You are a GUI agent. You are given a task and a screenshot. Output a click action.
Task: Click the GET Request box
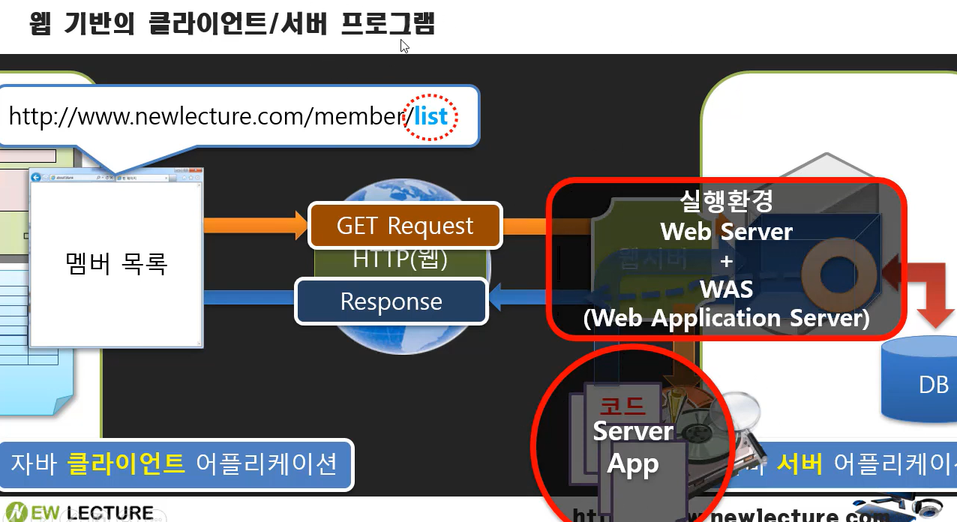point(405,226)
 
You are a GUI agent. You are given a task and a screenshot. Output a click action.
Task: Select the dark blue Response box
point(391,301)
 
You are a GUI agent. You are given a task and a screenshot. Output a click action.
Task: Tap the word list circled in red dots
point(430,116)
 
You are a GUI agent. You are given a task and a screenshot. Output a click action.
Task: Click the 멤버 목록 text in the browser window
point(115,263)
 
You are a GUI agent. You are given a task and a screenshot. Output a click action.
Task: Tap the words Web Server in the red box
point(726,231)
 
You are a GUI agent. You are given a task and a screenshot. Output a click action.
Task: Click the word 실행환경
point(726,200)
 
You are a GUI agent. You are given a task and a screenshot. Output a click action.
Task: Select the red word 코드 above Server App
point(622,406)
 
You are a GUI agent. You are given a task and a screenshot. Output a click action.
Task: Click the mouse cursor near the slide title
point(404,46)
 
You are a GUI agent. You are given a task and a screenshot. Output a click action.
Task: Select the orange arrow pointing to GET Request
point(255,224)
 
